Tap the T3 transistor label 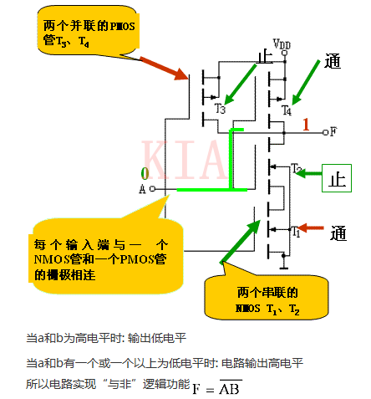click(221, 108)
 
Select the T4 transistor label click(287, 110)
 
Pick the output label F click(333, 131)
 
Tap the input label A click(142, 189)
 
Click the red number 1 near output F click(307, 125)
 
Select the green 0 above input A click(145, 173)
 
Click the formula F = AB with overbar click(217, 387)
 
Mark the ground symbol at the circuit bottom click(284, 267)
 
